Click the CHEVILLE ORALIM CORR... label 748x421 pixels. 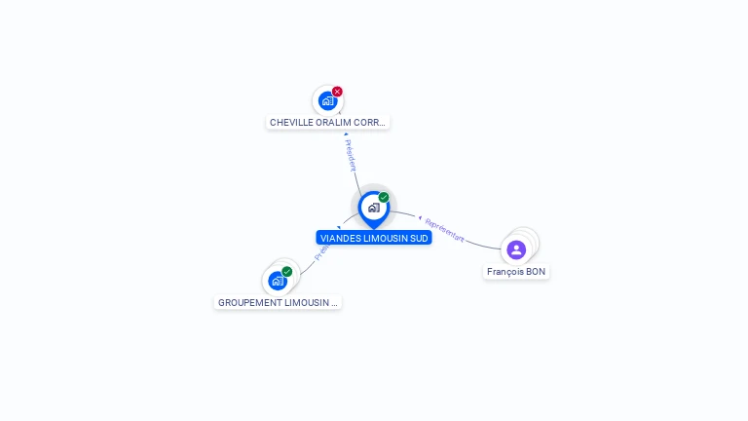click(x=328, y=123)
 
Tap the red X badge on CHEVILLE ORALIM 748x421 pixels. click(x=337, y=92)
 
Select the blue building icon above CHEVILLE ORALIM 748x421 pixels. click(x=327, y=100)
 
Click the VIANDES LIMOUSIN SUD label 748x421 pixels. click(x=374, y=238)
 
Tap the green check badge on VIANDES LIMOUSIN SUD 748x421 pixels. click(x=384, y=198)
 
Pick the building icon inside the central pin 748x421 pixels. click(x=373, y=207)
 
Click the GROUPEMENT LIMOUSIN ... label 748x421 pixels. click(x=278, y=303)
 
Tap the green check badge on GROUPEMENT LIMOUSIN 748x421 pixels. click(x=286, y=272)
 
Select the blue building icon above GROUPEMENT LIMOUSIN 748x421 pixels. click(x=277, y=282)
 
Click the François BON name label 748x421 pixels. click(x=516, y=272)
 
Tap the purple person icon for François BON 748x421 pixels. click(x=516, y=249)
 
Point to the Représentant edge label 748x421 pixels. click(x=444, y=231)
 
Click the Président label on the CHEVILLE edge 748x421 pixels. click(x=351, y=155)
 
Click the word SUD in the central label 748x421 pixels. click(x=419, y=238)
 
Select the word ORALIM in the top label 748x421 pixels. click(x=332, y=123)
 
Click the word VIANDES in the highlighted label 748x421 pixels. click(x=340, y=238)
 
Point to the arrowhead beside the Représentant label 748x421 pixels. click(x=419, y=217)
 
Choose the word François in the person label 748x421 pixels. click(x=505, y=272)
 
